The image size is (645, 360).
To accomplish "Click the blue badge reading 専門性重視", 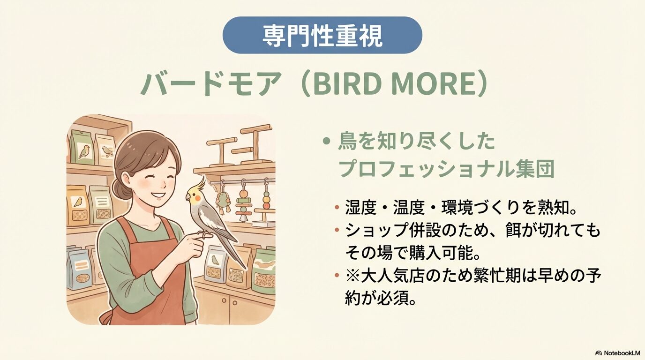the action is pyautogui.click(x=322, y=35).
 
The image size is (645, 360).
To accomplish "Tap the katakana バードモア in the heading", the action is pyautogui.click(x=210, y=85).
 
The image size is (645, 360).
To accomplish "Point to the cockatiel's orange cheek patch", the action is pyautogui.click(x=197, y=198).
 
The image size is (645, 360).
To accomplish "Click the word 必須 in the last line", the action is pyautogui.click(x=393, y=299).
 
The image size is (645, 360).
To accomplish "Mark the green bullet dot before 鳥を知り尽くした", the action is pyautogui.click(x=326, y=142).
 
